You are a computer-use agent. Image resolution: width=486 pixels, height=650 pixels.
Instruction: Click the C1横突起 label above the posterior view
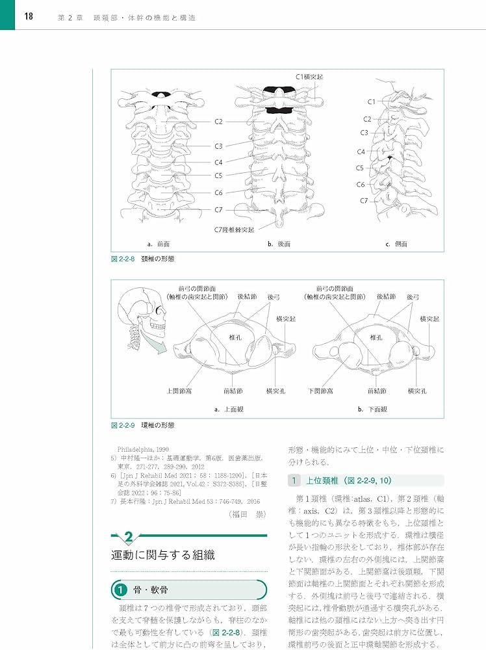tap(309, 77)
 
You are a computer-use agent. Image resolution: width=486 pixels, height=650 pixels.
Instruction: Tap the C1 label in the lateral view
tap(372, 101)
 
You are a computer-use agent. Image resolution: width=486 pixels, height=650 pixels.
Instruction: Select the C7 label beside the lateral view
tap(365, 201)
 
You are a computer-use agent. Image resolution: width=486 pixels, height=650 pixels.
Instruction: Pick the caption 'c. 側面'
tap(396, 244)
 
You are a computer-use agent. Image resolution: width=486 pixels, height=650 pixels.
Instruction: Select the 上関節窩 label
tap(179, 391)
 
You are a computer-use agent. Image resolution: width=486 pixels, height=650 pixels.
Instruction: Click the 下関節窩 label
tap(320, 391)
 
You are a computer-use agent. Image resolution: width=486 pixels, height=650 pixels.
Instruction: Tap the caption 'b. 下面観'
tap(373, 409)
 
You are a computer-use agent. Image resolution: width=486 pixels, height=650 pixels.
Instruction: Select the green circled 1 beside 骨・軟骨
tap(120, 590)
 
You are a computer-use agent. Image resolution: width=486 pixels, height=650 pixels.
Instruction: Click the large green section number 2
tap(129, 538)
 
